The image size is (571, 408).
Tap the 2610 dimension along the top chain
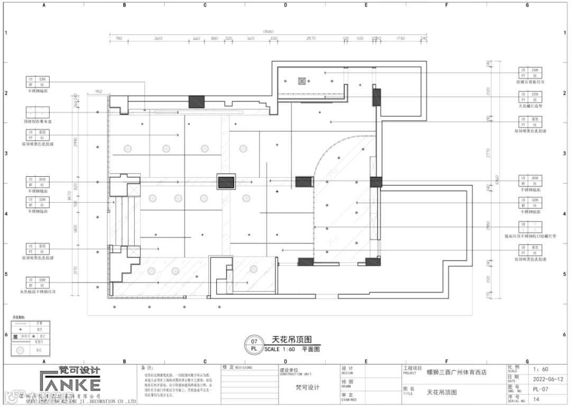pos(158,39)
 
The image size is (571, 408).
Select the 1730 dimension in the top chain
pos(400,39)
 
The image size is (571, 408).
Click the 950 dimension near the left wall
pos(98,92)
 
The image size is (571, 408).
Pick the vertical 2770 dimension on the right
pos(489,153)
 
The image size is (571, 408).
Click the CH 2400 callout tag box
pos(530,73)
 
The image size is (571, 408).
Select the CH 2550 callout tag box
pos(530,97)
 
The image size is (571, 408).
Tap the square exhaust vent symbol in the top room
pos(302,81)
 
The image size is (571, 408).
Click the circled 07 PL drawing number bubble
pos(254,345)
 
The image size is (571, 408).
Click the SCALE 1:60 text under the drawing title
pos(280,349)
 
